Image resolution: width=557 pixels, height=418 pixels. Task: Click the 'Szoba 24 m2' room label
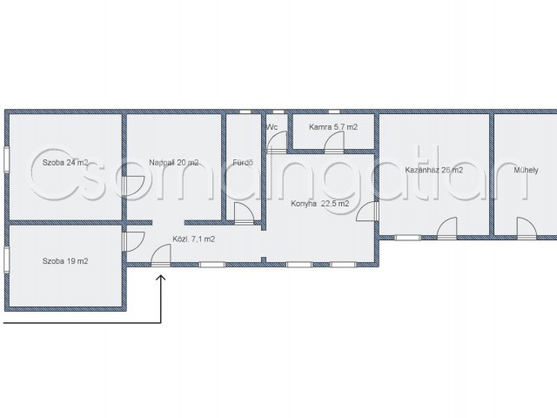pyautogui.click(x=65, y=163)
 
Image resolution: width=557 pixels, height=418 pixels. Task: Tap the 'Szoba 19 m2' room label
pyautogui.click(x=65, y=261)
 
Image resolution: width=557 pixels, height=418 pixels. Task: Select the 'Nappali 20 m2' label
pyautogui.click(x=174, y=163)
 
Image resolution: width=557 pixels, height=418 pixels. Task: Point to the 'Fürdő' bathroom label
pyautogui.click(x=243, y=163)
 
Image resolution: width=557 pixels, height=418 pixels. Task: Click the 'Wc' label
pyautogui.click(x=272, y=127)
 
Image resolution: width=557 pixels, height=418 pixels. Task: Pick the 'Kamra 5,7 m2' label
pyautogui.click(x=333, y=127)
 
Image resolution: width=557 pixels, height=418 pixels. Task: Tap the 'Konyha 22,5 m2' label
pyautogui.click(x=319, y=204)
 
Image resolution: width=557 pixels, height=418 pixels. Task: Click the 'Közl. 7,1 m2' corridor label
pyautogui.click(x=193, y=239)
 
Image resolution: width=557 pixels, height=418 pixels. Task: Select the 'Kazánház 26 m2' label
pyautogui.click(x=433, y=170)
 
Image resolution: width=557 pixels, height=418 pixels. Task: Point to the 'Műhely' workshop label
pyautogui.click(x=526, y=170)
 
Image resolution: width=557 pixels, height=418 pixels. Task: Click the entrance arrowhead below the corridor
pyautogui.click(x=161, y=279)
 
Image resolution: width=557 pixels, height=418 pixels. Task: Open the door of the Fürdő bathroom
pyautogui.click(x=244, y=212)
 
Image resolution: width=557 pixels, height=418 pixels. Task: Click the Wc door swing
pyautogui.click(x=277, y=141)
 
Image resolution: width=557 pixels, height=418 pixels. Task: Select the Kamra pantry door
pyautogui.click(x=334, y=141)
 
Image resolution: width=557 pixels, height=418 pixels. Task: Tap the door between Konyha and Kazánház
pyautogui.click(x=367, y=211)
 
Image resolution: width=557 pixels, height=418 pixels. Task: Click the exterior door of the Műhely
pyautogui.click(x=527, y=227)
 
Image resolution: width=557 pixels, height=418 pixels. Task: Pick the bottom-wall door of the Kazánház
pyautogui.click(x=446, y=227)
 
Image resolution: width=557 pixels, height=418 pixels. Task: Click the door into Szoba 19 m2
pyautogui.click(x=133, y=242)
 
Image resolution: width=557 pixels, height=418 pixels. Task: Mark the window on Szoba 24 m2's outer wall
pyautogui.click(x=6, y=160)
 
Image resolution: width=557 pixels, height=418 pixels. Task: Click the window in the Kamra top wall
pyautogui.click(x=334, y=111)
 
